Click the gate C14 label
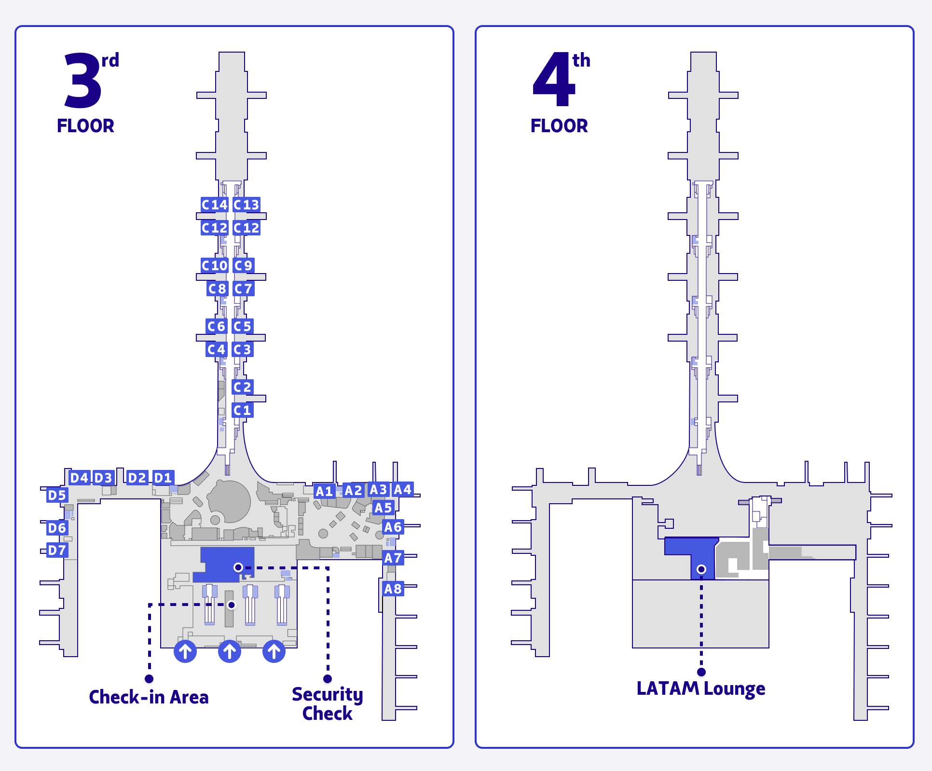(x=214, y=205)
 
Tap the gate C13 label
(x=247, y=205)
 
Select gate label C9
(x=243, y=265)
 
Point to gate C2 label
(x=242, y=387)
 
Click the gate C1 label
(x=242, y=411)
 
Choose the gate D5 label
(x=57, y=495)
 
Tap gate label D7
(x=57, y=550)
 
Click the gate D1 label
(x=163, y=478)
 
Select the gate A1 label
(x=325, y=492)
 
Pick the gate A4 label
(x=402, y=490)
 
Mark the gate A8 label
(x=393, y=589)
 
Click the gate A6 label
(x=393, y=527)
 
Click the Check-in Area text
(x=149, y=697)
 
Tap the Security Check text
(x=327, y=704)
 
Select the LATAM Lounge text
(x=700, y=688)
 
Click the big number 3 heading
(x=83, y=81)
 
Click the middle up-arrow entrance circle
(x=230, y=652)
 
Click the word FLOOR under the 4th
(x=559, y=126)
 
